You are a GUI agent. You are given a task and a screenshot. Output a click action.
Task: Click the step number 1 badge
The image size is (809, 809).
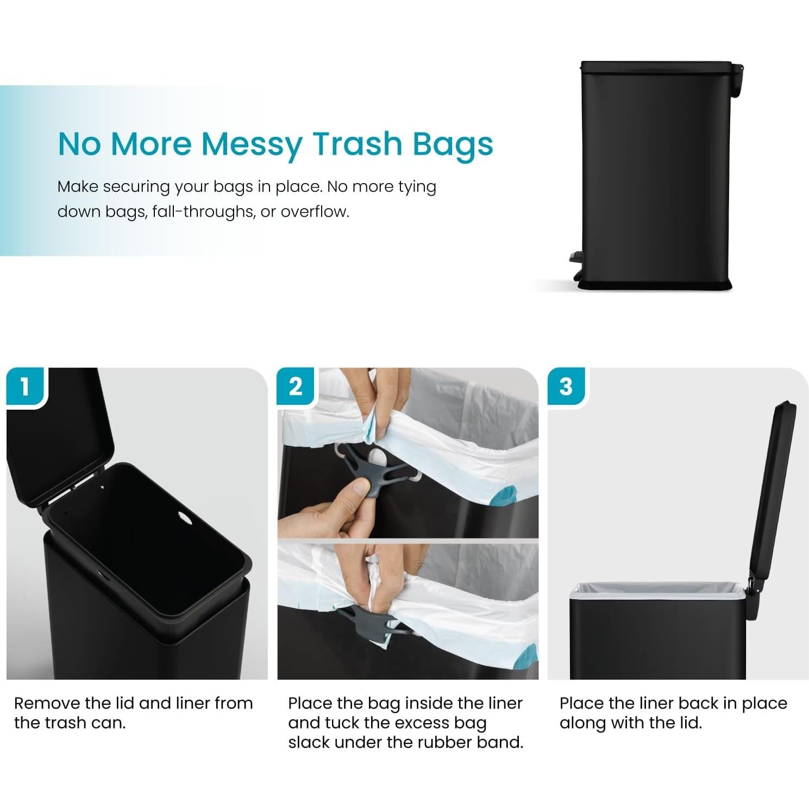[x=24, y=387]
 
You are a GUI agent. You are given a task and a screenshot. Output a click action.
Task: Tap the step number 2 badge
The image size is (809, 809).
[x=296, y=387]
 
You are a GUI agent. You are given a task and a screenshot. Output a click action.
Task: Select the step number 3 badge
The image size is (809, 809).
[x=566, y=387]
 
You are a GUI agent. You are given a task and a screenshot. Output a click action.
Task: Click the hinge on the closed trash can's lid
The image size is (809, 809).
[x=737, y=76]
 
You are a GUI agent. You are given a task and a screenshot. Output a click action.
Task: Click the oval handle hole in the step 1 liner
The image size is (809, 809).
[x=185, y=517]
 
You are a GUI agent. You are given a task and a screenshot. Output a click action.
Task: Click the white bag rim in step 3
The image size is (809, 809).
[x=657, y=589]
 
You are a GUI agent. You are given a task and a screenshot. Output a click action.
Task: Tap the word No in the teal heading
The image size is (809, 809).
[x=79, y=144]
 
